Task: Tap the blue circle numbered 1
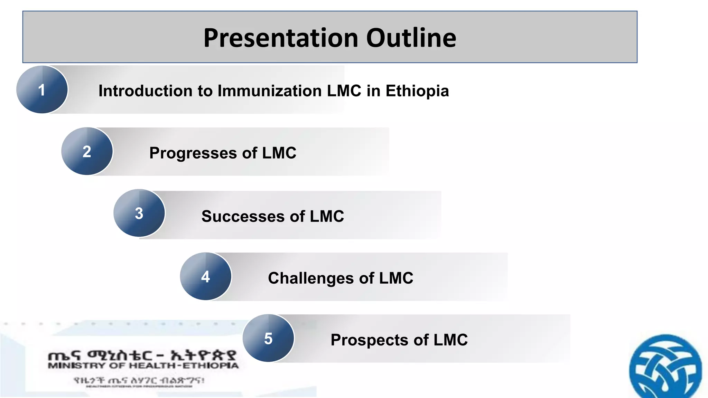click(42, 90)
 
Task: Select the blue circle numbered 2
click(87, 151)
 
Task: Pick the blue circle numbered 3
click(139, 213)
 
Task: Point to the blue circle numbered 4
click(206, 276)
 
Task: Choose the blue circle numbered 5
click(268, 338)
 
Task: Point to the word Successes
click(243, 217)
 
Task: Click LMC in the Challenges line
click(396, 278)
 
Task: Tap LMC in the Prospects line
click(450, 340)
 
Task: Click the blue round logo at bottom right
click(665, 368)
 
